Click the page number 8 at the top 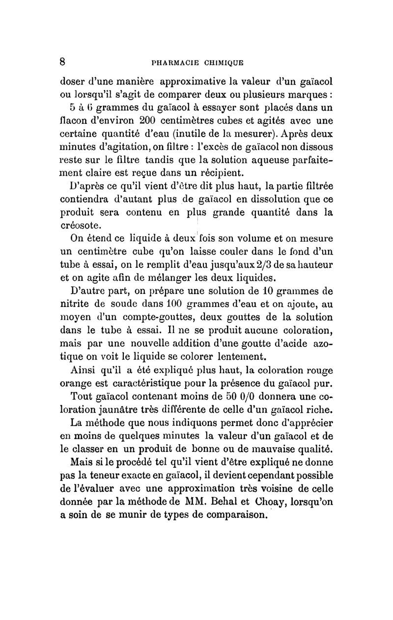[62, 61]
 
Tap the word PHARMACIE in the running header [174, 62]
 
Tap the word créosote [81, 225]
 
